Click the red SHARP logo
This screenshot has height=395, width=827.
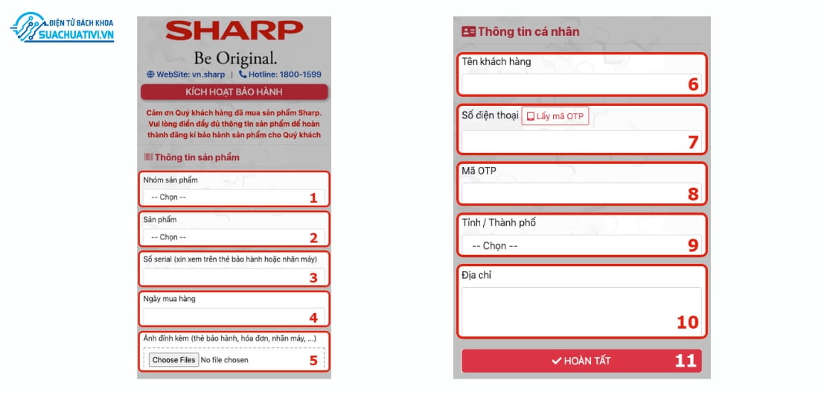(234, 31)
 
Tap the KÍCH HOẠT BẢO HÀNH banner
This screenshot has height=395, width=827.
(234, 92)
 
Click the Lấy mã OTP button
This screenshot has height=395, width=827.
(555, 116)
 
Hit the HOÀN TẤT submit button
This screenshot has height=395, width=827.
(581, 361)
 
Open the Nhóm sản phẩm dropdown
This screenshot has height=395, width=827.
(234, 197)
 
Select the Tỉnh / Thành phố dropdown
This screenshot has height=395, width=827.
(581, 245)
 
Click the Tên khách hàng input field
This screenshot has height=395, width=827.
(581, 84)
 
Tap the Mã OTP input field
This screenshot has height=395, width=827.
(581, 193)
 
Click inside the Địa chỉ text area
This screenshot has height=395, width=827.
(581, 311)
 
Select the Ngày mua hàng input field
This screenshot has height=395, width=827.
(234, 316)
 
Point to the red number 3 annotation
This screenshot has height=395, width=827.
(313, 278)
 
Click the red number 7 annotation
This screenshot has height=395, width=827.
(693, 142)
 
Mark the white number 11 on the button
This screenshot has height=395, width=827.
(686, 361)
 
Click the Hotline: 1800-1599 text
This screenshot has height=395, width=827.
(280, 75)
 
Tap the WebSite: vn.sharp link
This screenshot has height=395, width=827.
(185, 75)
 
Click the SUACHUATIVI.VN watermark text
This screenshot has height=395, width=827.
(77, 35)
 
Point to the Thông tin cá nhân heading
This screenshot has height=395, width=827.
(520, 32)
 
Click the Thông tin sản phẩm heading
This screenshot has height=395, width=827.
(191, 157)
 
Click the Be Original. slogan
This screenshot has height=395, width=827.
(235, 58)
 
